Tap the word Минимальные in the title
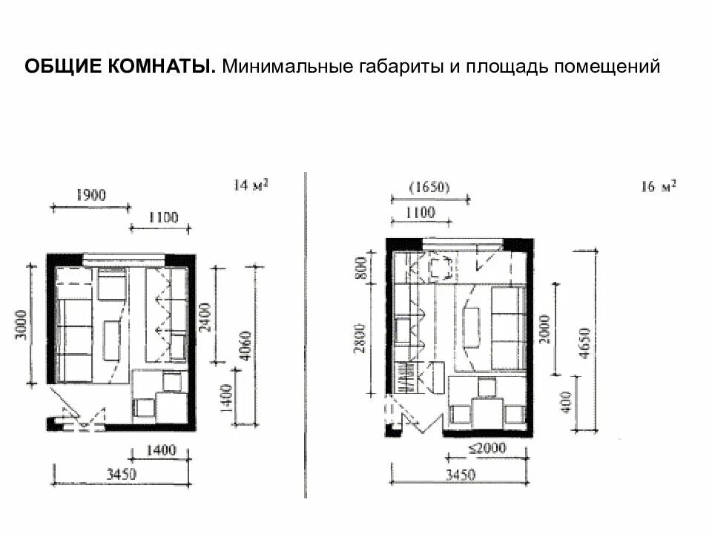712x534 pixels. coord(287,66)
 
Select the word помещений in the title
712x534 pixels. coord(607,67)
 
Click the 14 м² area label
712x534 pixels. coord(251,185)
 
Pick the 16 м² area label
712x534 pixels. coord(658,186)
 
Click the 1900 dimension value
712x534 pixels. coord(90,195)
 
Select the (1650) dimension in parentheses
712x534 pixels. coord(429,187)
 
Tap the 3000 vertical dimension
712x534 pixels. coord(22,324)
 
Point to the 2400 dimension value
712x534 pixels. coord(205,317)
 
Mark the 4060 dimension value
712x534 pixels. coord(245,346)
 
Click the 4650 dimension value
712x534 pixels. coord(585,343)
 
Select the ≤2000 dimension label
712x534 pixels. coord(487,448)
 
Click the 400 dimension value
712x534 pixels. coord(566,402)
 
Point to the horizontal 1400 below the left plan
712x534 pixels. coord(161,450)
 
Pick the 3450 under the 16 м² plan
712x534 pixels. coord(460,475)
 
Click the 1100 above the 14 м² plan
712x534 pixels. coord(163,217)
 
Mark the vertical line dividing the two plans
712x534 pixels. coord(306,335)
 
